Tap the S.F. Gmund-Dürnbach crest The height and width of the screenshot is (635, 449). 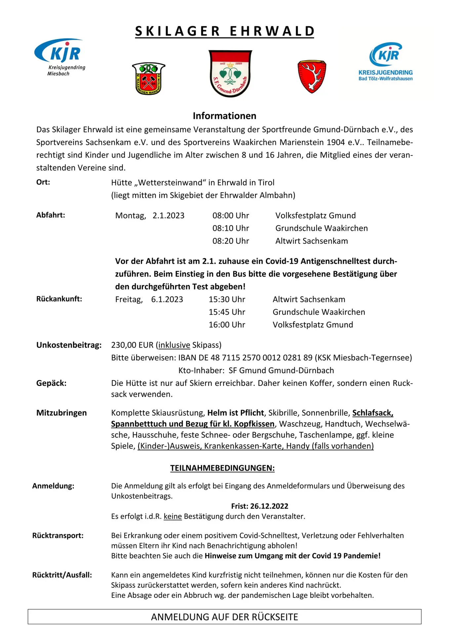[230, 73]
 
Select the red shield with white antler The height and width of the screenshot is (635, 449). [312, 76]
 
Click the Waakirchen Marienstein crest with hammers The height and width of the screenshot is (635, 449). [148, 79]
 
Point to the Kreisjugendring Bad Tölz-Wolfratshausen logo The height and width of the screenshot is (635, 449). [386, 62]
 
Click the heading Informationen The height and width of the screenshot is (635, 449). [224, 116]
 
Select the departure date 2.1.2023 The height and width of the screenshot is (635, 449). [168, 216]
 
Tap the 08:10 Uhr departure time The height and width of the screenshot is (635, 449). [230, 228]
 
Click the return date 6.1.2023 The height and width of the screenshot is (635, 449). [167, 299]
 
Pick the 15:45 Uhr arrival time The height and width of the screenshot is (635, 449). [227, 312]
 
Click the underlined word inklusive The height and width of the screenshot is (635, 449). [174, 345]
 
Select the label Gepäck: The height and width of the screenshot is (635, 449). [51, 383]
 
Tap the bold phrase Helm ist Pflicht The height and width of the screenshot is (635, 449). [235, 413]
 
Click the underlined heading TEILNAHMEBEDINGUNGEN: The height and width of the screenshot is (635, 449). [222, 468]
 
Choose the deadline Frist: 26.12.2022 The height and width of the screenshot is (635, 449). [260, 506]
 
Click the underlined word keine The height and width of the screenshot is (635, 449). [173, 516]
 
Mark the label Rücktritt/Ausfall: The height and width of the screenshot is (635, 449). [62, 575]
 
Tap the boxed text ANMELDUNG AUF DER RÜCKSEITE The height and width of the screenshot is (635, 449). [224, 617]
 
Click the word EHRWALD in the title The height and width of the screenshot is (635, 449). [272, 31]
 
